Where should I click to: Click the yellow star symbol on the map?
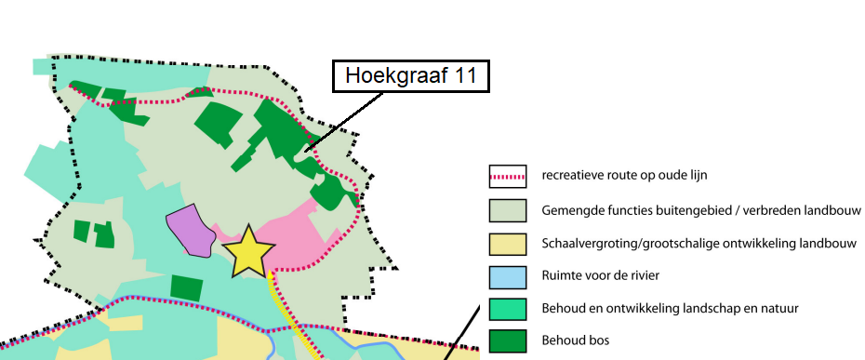[x=248, y=251]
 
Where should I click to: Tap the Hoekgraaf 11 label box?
[x=411, y=76]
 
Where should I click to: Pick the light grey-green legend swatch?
[x=508, y=209]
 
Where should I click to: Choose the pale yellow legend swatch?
[x=508, y=243]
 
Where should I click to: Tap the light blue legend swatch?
[x=508, y=275]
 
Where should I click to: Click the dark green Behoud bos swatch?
[x=508, y=340]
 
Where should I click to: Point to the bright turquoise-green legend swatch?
[x=508, y=308]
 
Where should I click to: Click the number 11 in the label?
[x=467, y=76]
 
